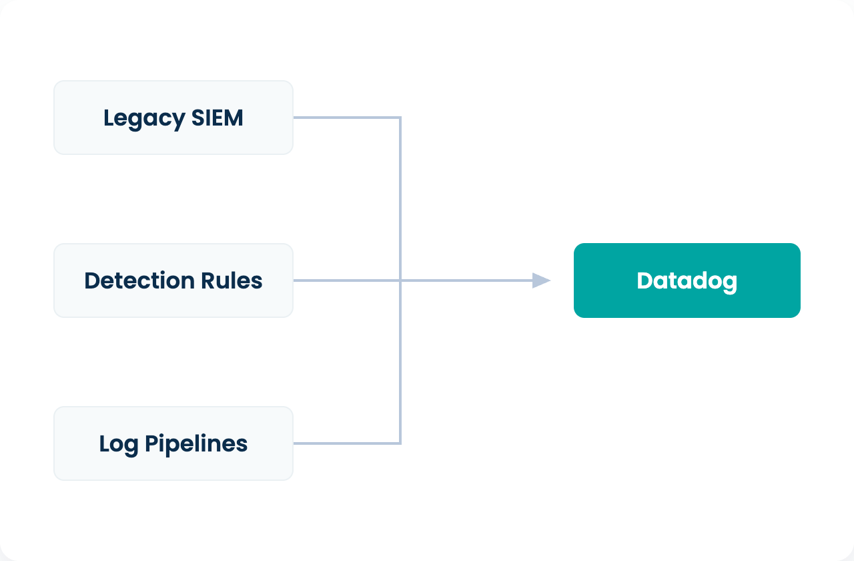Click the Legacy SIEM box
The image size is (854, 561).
[173, 118]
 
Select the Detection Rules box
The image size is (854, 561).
[173, 280]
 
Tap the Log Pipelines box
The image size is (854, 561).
[173, 443]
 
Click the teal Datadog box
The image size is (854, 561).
[687, 280]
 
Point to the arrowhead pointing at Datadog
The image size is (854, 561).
[541, 280]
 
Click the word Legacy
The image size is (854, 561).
[144, 119]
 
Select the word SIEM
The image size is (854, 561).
[217, 118]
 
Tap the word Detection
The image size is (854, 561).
[139, 280]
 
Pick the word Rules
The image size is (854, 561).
[232, 280]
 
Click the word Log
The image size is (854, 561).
[119, 445]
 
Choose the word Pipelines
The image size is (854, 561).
[196, 444]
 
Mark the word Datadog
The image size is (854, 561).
[687, 282]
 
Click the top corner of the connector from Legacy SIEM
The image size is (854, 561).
[400, 118]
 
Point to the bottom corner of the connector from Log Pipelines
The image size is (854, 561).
[400, 443]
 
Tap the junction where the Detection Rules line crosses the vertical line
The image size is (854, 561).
[400, 280]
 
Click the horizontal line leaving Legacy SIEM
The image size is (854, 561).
[347, 118]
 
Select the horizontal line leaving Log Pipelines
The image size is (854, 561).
[347, 443]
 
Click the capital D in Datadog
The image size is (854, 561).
[645, 280]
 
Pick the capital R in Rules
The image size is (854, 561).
[208, 280]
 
